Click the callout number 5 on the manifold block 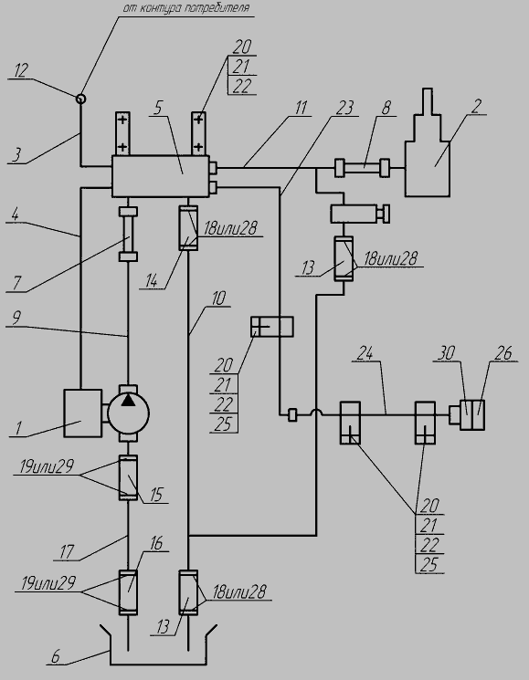(x=158, y=108)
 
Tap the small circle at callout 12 (x=80, y=99)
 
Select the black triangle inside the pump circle (x=128, y=400)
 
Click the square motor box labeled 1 (x=83, y=413)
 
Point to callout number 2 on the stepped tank (x=477, y=106)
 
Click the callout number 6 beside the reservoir (x=56, y=656)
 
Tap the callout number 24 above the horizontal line (x=365, y=354)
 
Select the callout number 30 (x=446, y=353)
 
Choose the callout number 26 (x=503, y=353)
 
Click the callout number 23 (x=345, y=108)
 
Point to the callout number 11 (x=302, y=108)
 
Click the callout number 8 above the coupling (x=386, y=108)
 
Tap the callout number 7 (x=16, y=283)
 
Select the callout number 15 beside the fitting (x=156, y=495)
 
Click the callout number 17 (x=67, y=552)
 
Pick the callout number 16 (x=156, y=543)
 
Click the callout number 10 (x=218, y=298)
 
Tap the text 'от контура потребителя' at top (x=186, y=9)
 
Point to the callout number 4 (x=16, y=214)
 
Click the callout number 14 (x=151, y=280)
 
